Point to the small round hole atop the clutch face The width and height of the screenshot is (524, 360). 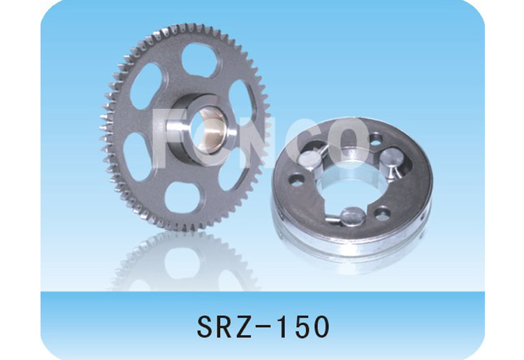[377, 138]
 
